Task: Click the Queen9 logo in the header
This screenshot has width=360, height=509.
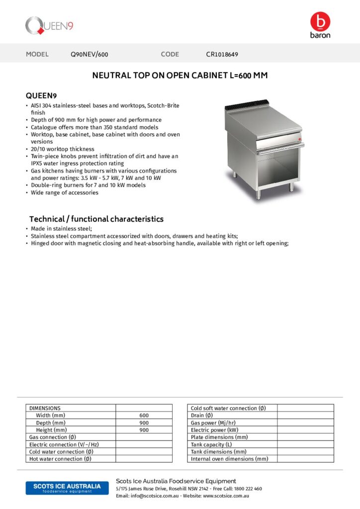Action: point(49,25)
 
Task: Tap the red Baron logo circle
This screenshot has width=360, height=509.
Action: point(320,21)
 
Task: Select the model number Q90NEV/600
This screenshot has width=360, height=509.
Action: point(90,55)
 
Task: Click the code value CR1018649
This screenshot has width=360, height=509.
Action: point(225,55)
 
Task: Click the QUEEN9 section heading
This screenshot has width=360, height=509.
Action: point(42,95)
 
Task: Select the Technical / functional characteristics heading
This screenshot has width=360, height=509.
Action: point(96,219)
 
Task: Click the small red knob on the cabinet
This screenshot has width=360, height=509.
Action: point(300,133)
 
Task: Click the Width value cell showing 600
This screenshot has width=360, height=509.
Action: point(144,416)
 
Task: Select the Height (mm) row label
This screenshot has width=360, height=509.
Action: point(51,430)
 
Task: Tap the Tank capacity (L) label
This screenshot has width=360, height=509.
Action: point(211,444)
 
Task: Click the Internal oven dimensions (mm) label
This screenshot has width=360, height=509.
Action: point(229,459)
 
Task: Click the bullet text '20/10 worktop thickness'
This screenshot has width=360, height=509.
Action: point(62,149)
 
